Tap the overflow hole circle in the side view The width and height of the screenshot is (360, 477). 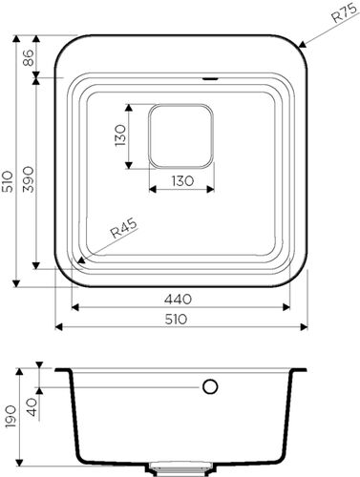click(x=210, y=387)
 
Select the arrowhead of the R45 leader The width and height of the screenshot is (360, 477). click(x=86, y=256)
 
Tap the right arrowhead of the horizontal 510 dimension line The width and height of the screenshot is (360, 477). click(x=302, y=326)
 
